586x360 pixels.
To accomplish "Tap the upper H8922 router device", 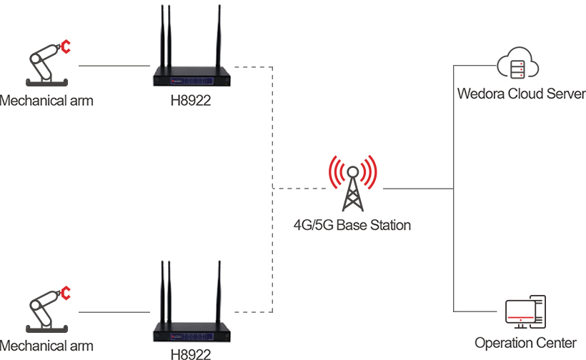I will (191, 75).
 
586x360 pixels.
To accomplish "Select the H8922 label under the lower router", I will (191, 352).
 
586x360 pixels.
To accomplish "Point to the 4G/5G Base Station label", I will (352, 226).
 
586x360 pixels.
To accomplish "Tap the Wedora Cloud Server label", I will (521, 94).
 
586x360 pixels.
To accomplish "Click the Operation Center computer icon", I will (525, 312).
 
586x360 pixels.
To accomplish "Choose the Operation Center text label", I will (525, 344).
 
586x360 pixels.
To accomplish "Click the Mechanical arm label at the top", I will (46, 101).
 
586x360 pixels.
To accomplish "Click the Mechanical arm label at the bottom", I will (46, 346).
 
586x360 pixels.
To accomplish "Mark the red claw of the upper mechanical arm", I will (66, 47).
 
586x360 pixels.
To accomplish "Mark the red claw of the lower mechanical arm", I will (66, 293).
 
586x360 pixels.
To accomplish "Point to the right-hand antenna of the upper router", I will (217, 36).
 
